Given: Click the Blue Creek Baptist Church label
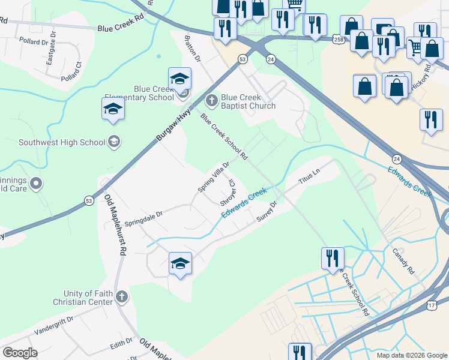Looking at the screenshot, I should click(x=248, y=101).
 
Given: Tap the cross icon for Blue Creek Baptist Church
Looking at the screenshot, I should click(x=211, y=99).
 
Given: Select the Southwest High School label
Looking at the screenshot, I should click(x=62, y=142).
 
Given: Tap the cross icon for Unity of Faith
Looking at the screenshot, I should click(x=122, y=296).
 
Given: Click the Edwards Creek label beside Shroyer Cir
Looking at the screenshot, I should click(x=244, y=203).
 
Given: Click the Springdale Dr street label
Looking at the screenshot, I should click(x=143, y=214).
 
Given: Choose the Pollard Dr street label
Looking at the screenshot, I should click(x=33, y=42).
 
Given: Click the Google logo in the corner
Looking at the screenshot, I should click(x=20, y=353).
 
